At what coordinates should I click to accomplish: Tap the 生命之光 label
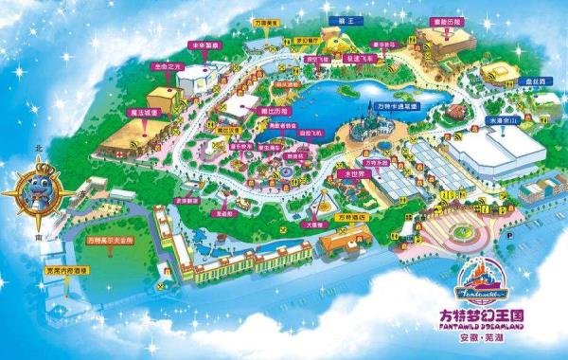coord(166,67)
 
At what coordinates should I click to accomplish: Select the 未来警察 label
coord(204,45)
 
